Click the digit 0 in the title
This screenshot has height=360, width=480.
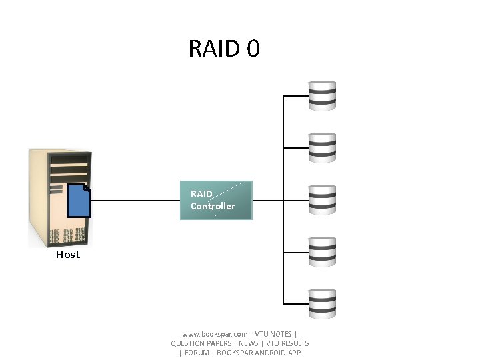tap(253, 49)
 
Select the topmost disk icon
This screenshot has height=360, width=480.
tap(322, 95)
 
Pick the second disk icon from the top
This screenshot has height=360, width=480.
tap(322, 147)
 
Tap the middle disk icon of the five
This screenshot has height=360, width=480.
tap(322, 200)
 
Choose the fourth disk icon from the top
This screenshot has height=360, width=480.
tap(322, 252)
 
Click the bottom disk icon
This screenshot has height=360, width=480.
tap(322, 304)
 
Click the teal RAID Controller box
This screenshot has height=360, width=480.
tap(217, 200)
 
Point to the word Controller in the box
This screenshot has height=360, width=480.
tap(213, 206)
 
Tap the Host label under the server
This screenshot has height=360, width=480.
tap(68, 255)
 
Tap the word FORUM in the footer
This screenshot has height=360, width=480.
tap(197, 353)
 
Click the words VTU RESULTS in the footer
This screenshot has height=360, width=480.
tap(287, 343)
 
